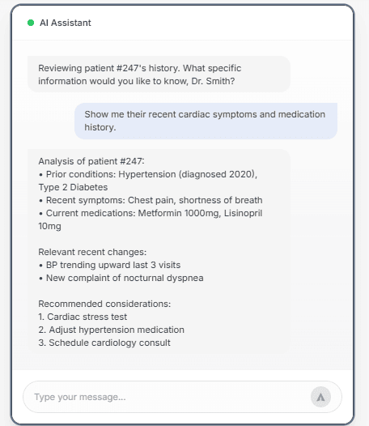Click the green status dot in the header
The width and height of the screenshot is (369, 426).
point(31,23)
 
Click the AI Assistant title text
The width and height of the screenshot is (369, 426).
point(66,23)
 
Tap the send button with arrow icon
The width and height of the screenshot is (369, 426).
point(320,397)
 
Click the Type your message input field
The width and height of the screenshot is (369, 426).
point(162,397)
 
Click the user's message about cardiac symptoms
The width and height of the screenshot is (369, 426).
point(205,121)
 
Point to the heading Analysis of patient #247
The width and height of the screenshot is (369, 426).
point(91,161)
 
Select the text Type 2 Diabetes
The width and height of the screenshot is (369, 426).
point(73,187)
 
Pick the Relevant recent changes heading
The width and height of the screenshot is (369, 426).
point(92,252)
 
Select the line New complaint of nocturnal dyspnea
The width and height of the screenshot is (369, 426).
point(124,278)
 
